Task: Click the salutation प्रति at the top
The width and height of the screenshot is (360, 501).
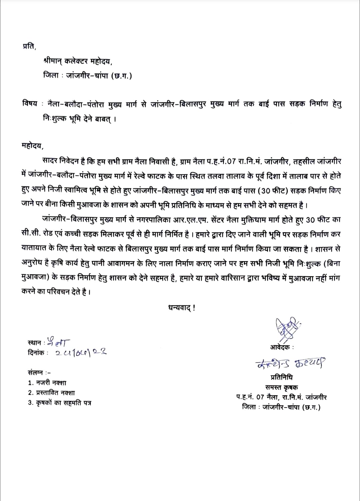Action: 29,47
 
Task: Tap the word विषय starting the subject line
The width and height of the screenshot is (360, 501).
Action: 30,104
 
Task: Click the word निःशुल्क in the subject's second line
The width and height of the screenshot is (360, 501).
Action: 54,119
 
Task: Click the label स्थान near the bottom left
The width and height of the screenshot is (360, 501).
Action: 34,343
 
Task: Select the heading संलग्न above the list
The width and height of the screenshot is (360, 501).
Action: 36,373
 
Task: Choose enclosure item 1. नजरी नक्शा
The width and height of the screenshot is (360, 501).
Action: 47,383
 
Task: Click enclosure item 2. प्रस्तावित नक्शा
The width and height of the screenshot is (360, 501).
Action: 51,393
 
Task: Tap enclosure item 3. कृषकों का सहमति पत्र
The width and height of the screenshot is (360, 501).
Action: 59,403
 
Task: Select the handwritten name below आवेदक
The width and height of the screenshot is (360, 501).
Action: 290,363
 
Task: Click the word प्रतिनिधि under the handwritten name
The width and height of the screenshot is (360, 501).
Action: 282,378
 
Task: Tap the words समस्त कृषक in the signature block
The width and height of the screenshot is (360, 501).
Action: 282,388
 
